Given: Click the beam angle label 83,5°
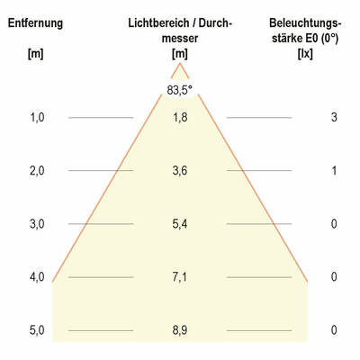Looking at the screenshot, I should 180,89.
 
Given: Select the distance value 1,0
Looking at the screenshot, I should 36,117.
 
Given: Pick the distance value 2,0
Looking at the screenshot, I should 36,171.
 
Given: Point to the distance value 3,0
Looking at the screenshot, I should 36,224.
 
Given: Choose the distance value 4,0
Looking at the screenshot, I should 36,277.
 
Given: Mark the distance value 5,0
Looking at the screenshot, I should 36,330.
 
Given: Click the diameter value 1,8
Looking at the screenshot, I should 180,117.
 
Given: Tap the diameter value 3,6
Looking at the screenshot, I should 180,171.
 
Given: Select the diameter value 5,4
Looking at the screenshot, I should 180,224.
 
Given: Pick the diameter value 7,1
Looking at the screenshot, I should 180,277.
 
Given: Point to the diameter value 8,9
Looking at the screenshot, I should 180,330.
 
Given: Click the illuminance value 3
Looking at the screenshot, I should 334,117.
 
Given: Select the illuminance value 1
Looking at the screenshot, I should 334,171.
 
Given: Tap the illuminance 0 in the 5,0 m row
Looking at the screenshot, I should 334,330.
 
